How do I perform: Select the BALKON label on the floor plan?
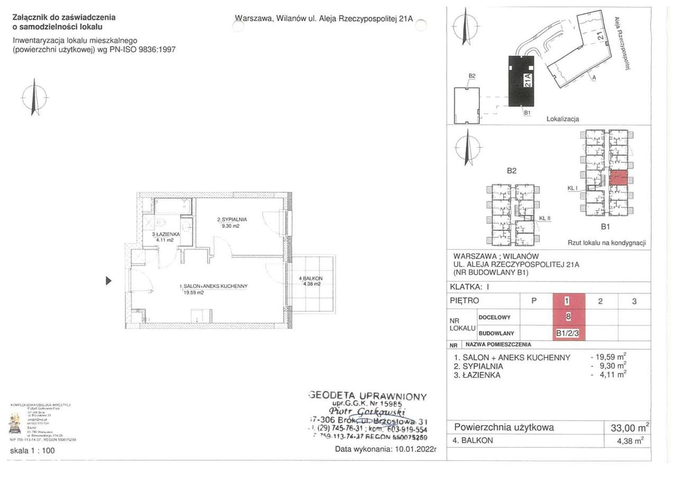click(310, 278)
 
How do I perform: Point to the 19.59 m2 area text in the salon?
click(194, 292)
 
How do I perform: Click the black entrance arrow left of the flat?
click(108, 281)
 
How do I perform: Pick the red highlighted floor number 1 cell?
click(567, 301)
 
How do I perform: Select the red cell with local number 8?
click(568, 317)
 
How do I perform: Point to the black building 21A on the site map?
click(523, 80)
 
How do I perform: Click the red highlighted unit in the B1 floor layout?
click(618, 177)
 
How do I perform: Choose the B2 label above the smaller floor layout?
click(511, 171)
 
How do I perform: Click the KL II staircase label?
click(545, 218)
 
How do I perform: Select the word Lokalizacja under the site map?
click(563, 119)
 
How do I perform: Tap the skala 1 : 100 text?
click(32, 451)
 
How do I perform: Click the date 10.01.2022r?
click(416, 449)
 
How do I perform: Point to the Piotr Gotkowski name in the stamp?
click(367, 412)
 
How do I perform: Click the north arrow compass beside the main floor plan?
click(34, 97)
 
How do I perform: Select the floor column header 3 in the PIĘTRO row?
click(634, 301)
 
